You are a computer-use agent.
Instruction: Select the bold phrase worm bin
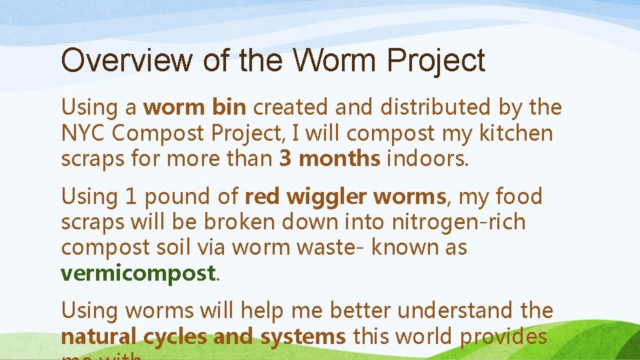coord(195,107)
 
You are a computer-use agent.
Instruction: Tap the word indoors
coord(427,159)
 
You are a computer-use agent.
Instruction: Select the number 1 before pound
coord(129,197)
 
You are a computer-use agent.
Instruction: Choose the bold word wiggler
coord(327,197)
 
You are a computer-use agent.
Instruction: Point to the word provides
coord(503,337)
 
